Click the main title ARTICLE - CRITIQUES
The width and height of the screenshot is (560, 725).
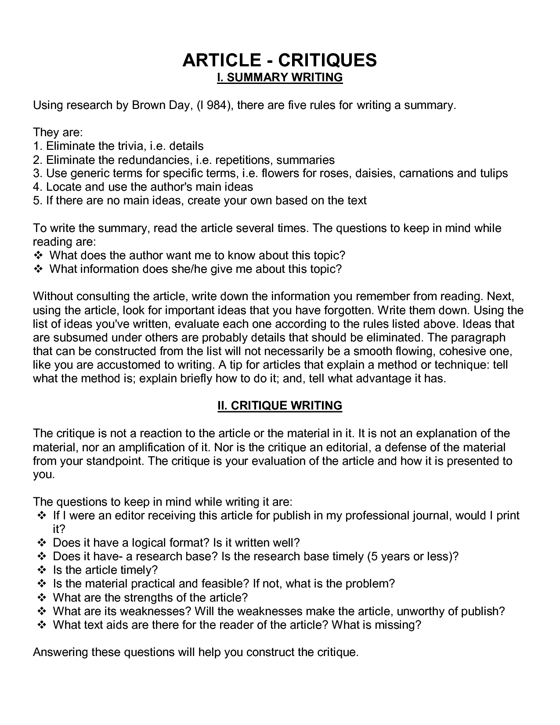click(280, 60)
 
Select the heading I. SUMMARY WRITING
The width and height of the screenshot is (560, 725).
click(280, 78)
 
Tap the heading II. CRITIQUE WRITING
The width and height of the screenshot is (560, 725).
click(280, 406)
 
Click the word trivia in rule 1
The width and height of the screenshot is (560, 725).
click(131, 146)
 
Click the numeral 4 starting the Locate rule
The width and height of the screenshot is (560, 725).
click(36, 187)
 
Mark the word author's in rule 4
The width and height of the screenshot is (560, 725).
click(172, 187)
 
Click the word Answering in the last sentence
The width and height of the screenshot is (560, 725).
click(60, 652)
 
